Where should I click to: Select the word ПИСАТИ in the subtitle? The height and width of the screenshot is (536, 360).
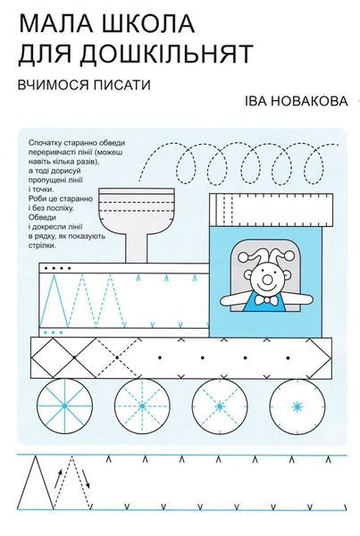124,85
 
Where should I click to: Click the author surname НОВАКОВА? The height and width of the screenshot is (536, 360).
306,101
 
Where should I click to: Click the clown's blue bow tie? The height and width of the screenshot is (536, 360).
268,300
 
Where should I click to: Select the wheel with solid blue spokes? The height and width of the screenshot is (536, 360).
64,406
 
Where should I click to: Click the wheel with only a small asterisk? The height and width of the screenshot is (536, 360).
297,406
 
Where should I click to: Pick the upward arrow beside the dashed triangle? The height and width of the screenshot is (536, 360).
59,479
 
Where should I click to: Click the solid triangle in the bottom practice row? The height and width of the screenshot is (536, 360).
36,482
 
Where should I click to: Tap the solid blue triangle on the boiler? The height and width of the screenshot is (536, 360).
54,300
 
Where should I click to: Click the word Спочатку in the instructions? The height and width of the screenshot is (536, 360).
43,142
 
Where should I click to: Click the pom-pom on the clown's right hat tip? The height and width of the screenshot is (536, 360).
289,255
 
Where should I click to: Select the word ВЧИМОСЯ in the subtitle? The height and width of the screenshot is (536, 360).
55,85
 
